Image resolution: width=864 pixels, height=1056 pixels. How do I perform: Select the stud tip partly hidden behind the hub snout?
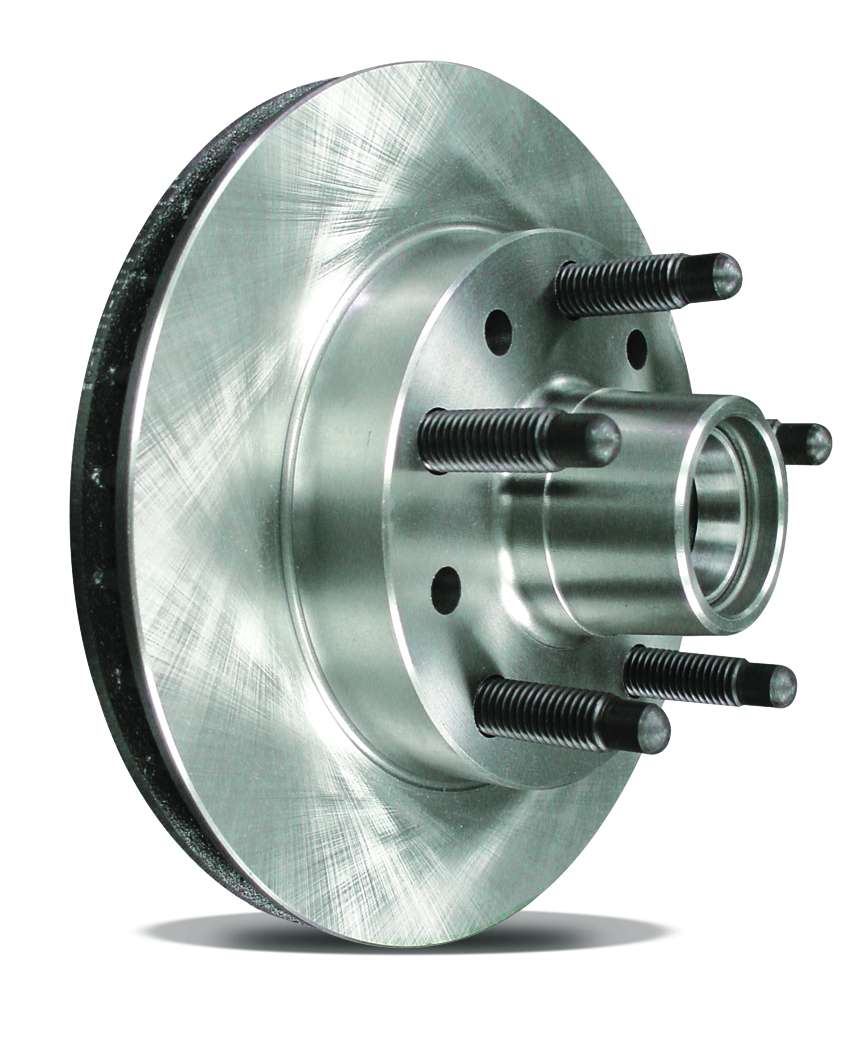(x=810, y=443)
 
